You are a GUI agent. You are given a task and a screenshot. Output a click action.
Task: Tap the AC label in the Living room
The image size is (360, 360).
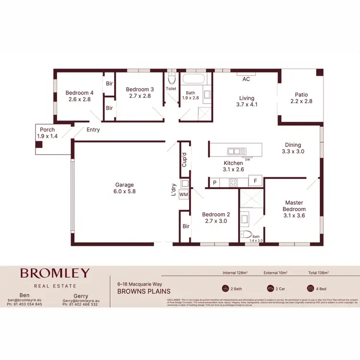246,79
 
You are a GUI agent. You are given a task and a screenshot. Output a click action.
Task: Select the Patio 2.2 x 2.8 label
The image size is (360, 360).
301,98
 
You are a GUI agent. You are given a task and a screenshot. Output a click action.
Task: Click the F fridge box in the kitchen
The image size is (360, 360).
255,182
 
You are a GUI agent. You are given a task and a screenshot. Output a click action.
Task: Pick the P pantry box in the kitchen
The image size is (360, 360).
214,182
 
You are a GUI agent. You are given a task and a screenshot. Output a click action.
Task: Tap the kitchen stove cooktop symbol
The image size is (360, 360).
233,182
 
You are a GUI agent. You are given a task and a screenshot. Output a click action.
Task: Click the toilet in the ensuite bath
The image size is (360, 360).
246,235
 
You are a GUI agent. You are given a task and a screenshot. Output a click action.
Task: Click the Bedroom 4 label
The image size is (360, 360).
80,96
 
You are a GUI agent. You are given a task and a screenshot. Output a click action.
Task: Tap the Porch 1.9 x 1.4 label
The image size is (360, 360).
47,133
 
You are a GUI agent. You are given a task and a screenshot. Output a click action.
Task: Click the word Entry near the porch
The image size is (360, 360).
94,130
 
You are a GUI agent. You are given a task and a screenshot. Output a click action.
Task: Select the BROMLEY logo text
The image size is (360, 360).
54,273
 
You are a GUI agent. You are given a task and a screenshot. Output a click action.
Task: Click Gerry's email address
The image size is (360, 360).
81,300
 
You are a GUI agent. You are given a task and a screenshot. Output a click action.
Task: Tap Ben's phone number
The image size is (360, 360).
24,304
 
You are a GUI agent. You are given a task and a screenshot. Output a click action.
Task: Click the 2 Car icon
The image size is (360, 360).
270,289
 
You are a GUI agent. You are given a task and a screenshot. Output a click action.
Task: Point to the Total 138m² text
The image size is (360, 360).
318,273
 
